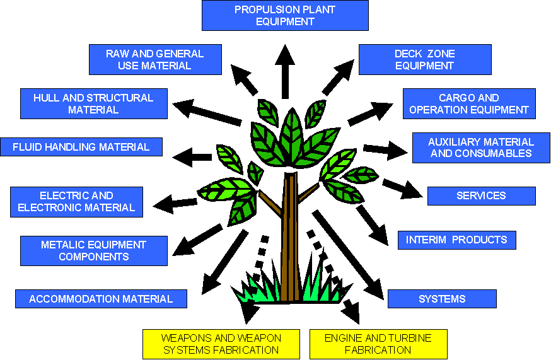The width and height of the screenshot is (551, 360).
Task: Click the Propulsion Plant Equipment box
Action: pos(285,16)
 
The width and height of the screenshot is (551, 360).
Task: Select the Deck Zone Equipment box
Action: pos(425,59)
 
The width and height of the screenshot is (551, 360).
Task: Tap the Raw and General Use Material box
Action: pos(155,59)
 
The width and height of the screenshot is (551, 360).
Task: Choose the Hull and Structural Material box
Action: pos(94,103)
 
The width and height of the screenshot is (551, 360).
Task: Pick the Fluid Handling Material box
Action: pos(81,147)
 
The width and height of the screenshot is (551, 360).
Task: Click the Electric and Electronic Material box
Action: pos(77,202)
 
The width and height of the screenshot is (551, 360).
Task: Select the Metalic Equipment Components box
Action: pos(94,251)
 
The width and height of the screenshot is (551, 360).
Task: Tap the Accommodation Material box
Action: pos(101,299)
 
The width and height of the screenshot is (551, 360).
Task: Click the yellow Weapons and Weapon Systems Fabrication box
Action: pos(221,344)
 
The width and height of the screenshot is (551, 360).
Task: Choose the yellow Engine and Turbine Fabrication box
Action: pos(378,344)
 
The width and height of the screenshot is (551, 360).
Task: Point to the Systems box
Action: pos(442,299)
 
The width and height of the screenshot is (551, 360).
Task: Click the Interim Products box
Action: pos(457,240)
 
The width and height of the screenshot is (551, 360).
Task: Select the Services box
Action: pos(482,196)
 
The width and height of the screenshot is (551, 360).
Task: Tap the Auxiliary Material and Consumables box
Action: pos(481,148)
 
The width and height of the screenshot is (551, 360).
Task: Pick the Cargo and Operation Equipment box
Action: pos(469,103)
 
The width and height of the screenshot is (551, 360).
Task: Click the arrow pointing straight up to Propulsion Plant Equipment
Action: pos(285,72)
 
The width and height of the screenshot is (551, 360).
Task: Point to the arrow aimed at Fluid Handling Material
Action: pos(192,157)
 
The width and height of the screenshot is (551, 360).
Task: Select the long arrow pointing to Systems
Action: pos(347,254)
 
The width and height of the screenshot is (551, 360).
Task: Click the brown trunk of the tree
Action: pos(290,236)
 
